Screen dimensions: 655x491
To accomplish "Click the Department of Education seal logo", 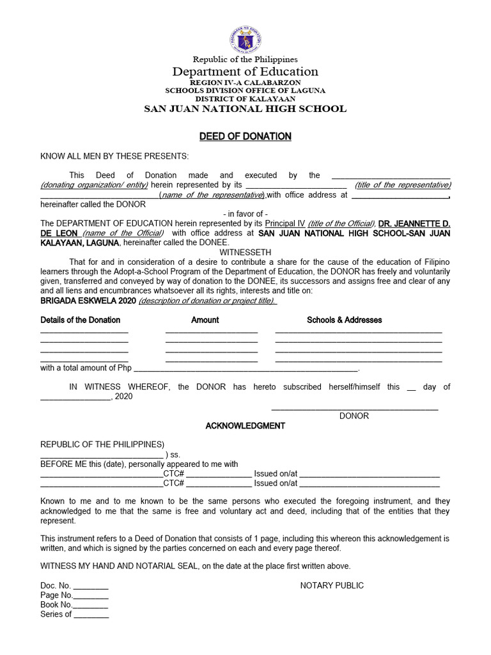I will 245,36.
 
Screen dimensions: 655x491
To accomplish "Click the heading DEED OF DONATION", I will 245,136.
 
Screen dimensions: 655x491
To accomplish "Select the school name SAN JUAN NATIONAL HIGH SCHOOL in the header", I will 245,109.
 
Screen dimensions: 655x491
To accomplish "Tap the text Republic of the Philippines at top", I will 245,59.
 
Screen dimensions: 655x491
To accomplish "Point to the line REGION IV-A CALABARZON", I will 245,83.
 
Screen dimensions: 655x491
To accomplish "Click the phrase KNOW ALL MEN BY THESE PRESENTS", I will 115,156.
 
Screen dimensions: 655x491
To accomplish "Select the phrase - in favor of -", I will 245,214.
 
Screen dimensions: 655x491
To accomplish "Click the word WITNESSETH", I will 245,253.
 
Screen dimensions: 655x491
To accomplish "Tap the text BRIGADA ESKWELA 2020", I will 88,301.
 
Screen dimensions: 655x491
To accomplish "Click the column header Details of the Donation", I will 81,320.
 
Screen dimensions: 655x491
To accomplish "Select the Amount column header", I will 205,320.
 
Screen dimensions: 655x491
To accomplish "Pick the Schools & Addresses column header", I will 344,320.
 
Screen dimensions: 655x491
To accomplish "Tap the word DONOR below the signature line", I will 354,416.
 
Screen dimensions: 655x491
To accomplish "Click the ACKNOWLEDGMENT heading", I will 245,426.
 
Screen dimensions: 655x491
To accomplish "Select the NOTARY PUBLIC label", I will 332,585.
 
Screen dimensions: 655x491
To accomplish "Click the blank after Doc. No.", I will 91,586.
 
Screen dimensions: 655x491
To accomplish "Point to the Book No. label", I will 56,604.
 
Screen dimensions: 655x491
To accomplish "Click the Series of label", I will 56,614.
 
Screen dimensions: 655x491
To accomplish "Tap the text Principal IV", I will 285,223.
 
